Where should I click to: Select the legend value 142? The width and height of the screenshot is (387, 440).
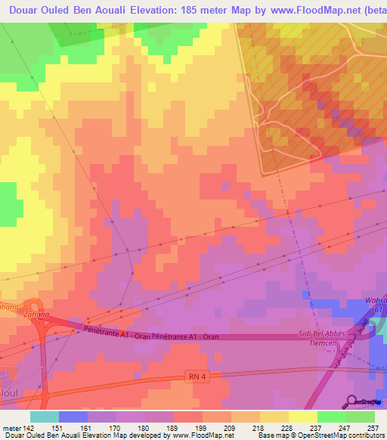coord(29,428)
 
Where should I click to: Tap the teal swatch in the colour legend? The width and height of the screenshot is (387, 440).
coord(45,417)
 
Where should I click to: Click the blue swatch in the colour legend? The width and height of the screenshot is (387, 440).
coord(73,417)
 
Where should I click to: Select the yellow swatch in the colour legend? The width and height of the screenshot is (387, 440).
coord(302,417)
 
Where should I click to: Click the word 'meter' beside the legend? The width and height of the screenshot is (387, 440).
coord(10,428)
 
